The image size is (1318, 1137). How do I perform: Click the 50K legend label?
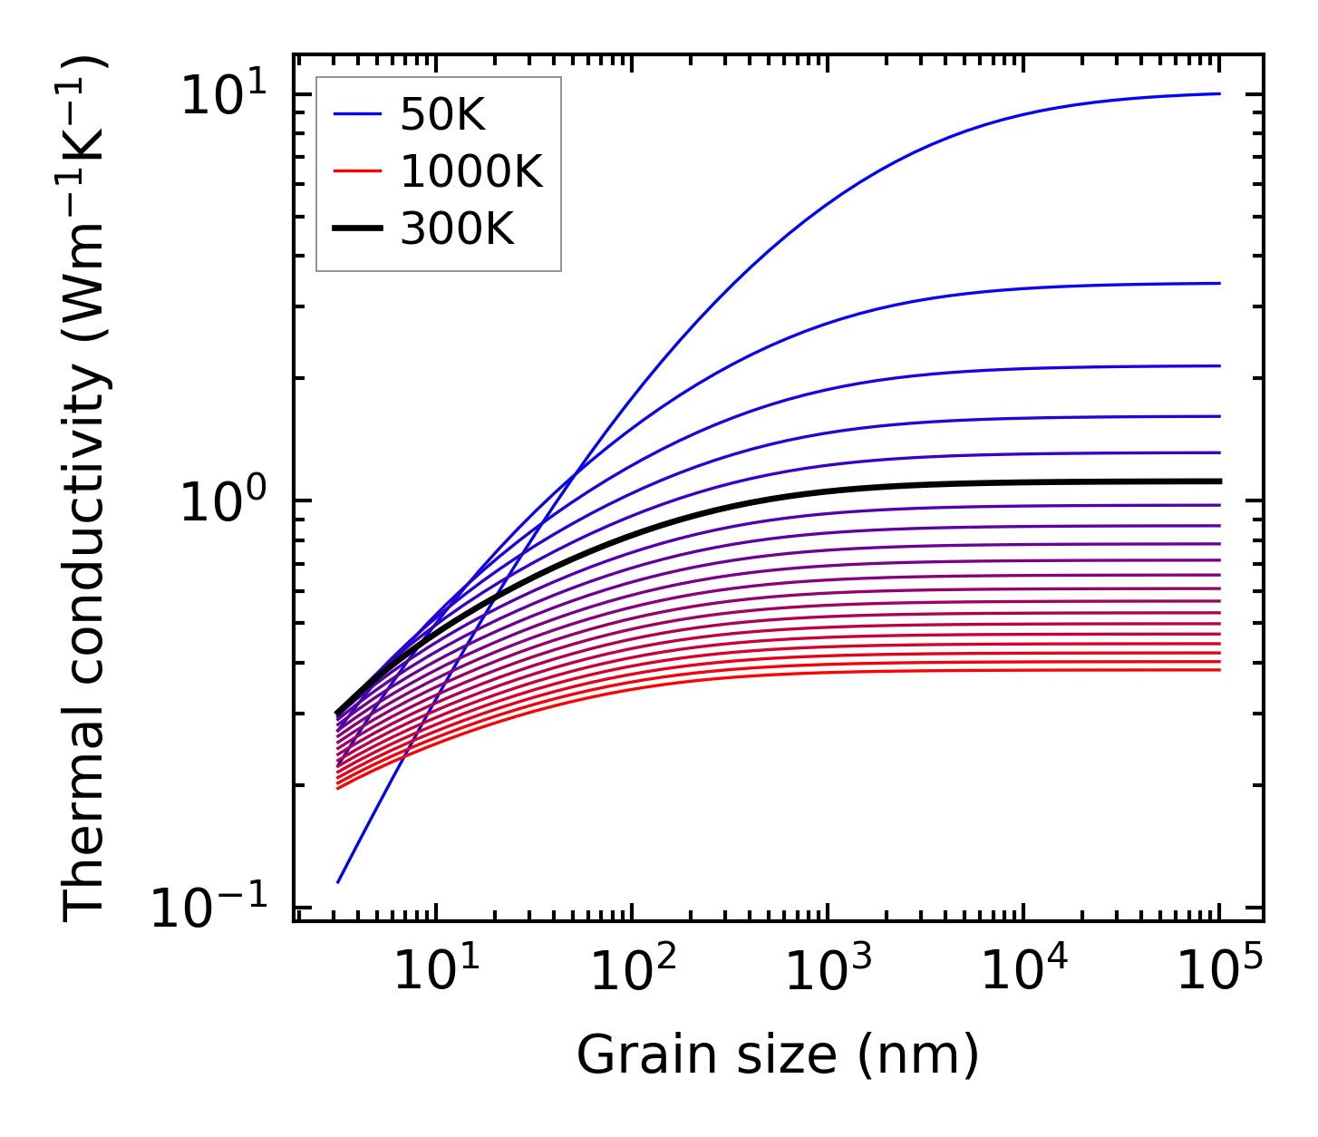point(442,115)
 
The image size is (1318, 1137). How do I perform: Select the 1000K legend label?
point(471,171)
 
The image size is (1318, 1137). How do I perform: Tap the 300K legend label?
point(457,229)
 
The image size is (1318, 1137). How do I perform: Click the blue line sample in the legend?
point(359,115)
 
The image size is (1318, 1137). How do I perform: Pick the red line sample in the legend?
point(359,171)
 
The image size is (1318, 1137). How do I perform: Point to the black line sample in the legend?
point(359,229)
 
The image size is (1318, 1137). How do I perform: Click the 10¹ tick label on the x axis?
point(437,974)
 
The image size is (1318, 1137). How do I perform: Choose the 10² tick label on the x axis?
point(633,974)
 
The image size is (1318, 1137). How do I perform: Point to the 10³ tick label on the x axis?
point(829,974)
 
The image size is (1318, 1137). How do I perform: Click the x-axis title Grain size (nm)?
point(778,1055)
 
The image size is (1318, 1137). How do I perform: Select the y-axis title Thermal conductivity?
point(86,490)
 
